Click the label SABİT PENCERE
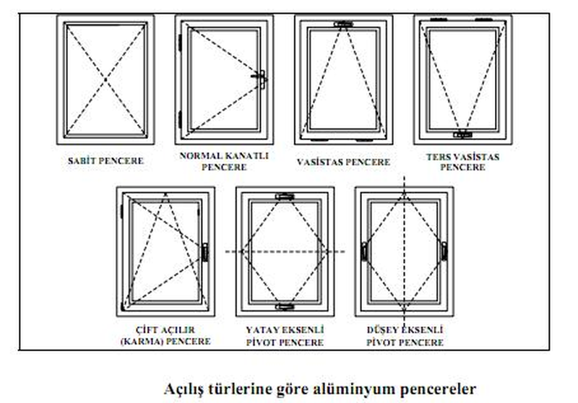105,161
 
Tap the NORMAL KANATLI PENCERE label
224,161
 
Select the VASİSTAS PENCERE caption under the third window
344,162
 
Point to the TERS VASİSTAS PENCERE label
463,162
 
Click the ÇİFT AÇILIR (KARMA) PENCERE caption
166,336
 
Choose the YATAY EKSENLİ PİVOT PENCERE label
285,336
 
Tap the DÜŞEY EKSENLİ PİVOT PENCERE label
405,336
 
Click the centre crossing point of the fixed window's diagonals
105,79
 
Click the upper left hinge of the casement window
180,43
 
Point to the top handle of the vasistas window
344,25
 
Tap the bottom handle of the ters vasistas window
462,134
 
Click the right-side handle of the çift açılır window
205,252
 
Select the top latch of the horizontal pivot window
285,196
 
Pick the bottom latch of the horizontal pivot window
285,306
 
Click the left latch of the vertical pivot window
364,251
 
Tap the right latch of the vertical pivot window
444,251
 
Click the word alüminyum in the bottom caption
355,389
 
